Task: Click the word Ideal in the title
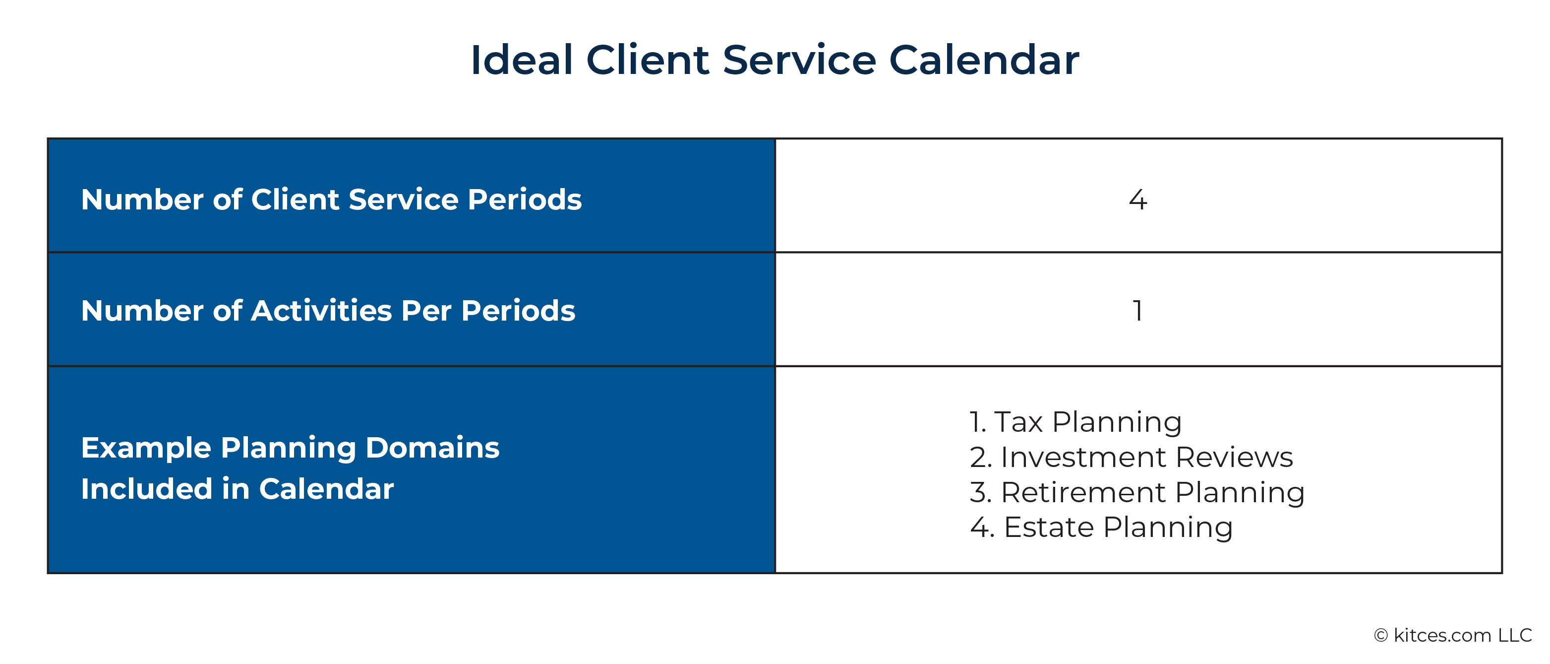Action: point(521,60)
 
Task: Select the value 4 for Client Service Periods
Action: point(1138,199)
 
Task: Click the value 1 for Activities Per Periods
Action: point(1137,311)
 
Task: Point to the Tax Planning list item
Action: point(1075,421)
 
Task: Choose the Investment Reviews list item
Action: point(1131,457)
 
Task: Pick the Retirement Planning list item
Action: point(1137,492)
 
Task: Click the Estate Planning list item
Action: point(1101,528)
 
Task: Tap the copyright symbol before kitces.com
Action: point(1381,636)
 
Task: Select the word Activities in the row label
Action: point(321,311)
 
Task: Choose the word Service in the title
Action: point(799,60)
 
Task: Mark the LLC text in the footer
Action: point(1514,635)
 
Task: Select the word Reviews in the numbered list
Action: point(1234,457)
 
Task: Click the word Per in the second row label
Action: point(426,311)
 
